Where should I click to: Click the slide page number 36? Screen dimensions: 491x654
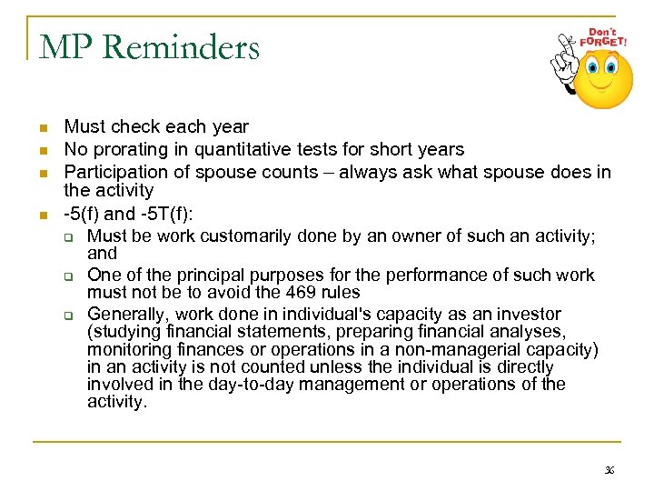tap(609, 470)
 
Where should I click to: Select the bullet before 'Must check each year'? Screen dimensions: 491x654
tap(43, 127)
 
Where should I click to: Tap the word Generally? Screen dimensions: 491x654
tap(126, 314)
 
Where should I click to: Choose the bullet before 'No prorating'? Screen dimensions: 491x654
tap(43, 149)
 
